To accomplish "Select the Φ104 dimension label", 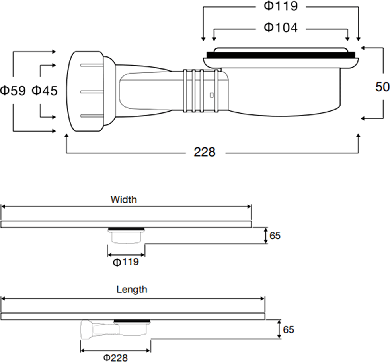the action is click(x=281, y=27).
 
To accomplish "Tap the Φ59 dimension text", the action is click(x=13, y=91).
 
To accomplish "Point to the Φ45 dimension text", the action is click(x=45, y=91).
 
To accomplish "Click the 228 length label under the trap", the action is click(x=205, y=152).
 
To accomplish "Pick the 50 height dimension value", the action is click(x=382, y=87).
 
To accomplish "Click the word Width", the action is click(x=124, y=199).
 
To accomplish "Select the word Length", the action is click(x=132, y=290).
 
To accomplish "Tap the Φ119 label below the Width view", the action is click(x=126, y=262).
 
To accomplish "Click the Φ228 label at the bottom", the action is click(x=115, y=358).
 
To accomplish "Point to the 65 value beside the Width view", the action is click(x=275, y=236).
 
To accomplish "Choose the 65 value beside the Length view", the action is click(x=289, y=329).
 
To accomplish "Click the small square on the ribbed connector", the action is click(x=212, y=95).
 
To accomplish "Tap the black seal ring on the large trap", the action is click(x=281, y=55).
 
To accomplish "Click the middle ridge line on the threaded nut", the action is click(x=92, y=92).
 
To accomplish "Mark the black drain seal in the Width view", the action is click(x=127, y=229).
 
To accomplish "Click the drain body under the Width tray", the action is click(x=126, y=236).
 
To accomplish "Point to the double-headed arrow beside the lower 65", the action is click(x=279, y=329).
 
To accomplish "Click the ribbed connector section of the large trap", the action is click(x=201, y=91).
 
